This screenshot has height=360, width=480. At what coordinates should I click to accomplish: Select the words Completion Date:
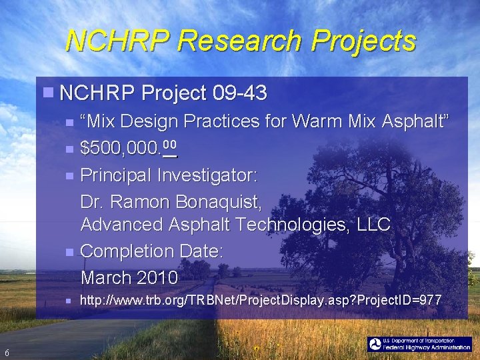(x=151, y=251)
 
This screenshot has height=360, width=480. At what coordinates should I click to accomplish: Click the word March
(x=105, y=277)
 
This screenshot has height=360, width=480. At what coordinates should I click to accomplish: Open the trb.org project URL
(x=260, y=301)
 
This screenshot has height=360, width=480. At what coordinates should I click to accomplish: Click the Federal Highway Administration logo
(x=420, y=345)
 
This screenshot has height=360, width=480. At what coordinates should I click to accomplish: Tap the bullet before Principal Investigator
(x=71, y=175)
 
